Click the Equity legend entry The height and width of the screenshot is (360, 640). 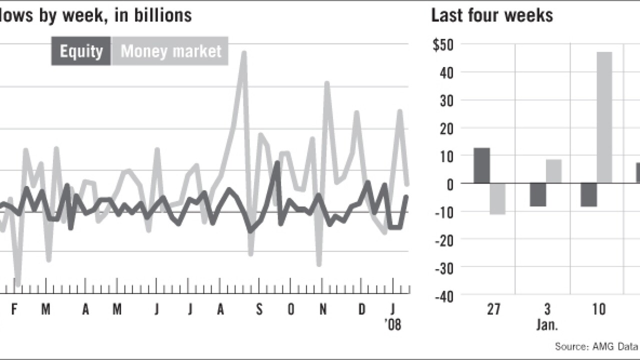point(81,51)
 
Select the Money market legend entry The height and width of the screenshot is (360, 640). point(170,51)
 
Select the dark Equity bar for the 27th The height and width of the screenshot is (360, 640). point(481,165)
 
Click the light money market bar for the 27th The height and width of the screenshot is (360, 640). point(497,199)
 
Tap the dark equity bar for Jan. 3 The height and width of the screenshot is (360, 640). point(538,195)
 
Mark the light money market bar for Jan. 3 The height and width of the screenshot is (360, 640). point(553,171)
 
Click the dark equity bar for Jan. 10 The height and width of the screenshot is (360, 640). point(588,195)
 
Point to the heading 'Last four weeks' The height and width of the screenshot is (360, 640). point(492,15)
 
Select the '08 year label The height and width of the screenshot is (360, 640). point(393,325)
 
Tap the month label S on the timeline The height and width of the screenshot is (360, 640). point(259,310)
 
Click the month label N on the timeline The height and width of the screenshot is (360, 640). point(323,310)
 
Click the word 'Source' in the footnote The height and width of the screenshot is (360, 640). point(570,346)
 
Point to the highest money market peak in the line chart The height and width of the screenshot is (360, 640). point(243,52)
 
